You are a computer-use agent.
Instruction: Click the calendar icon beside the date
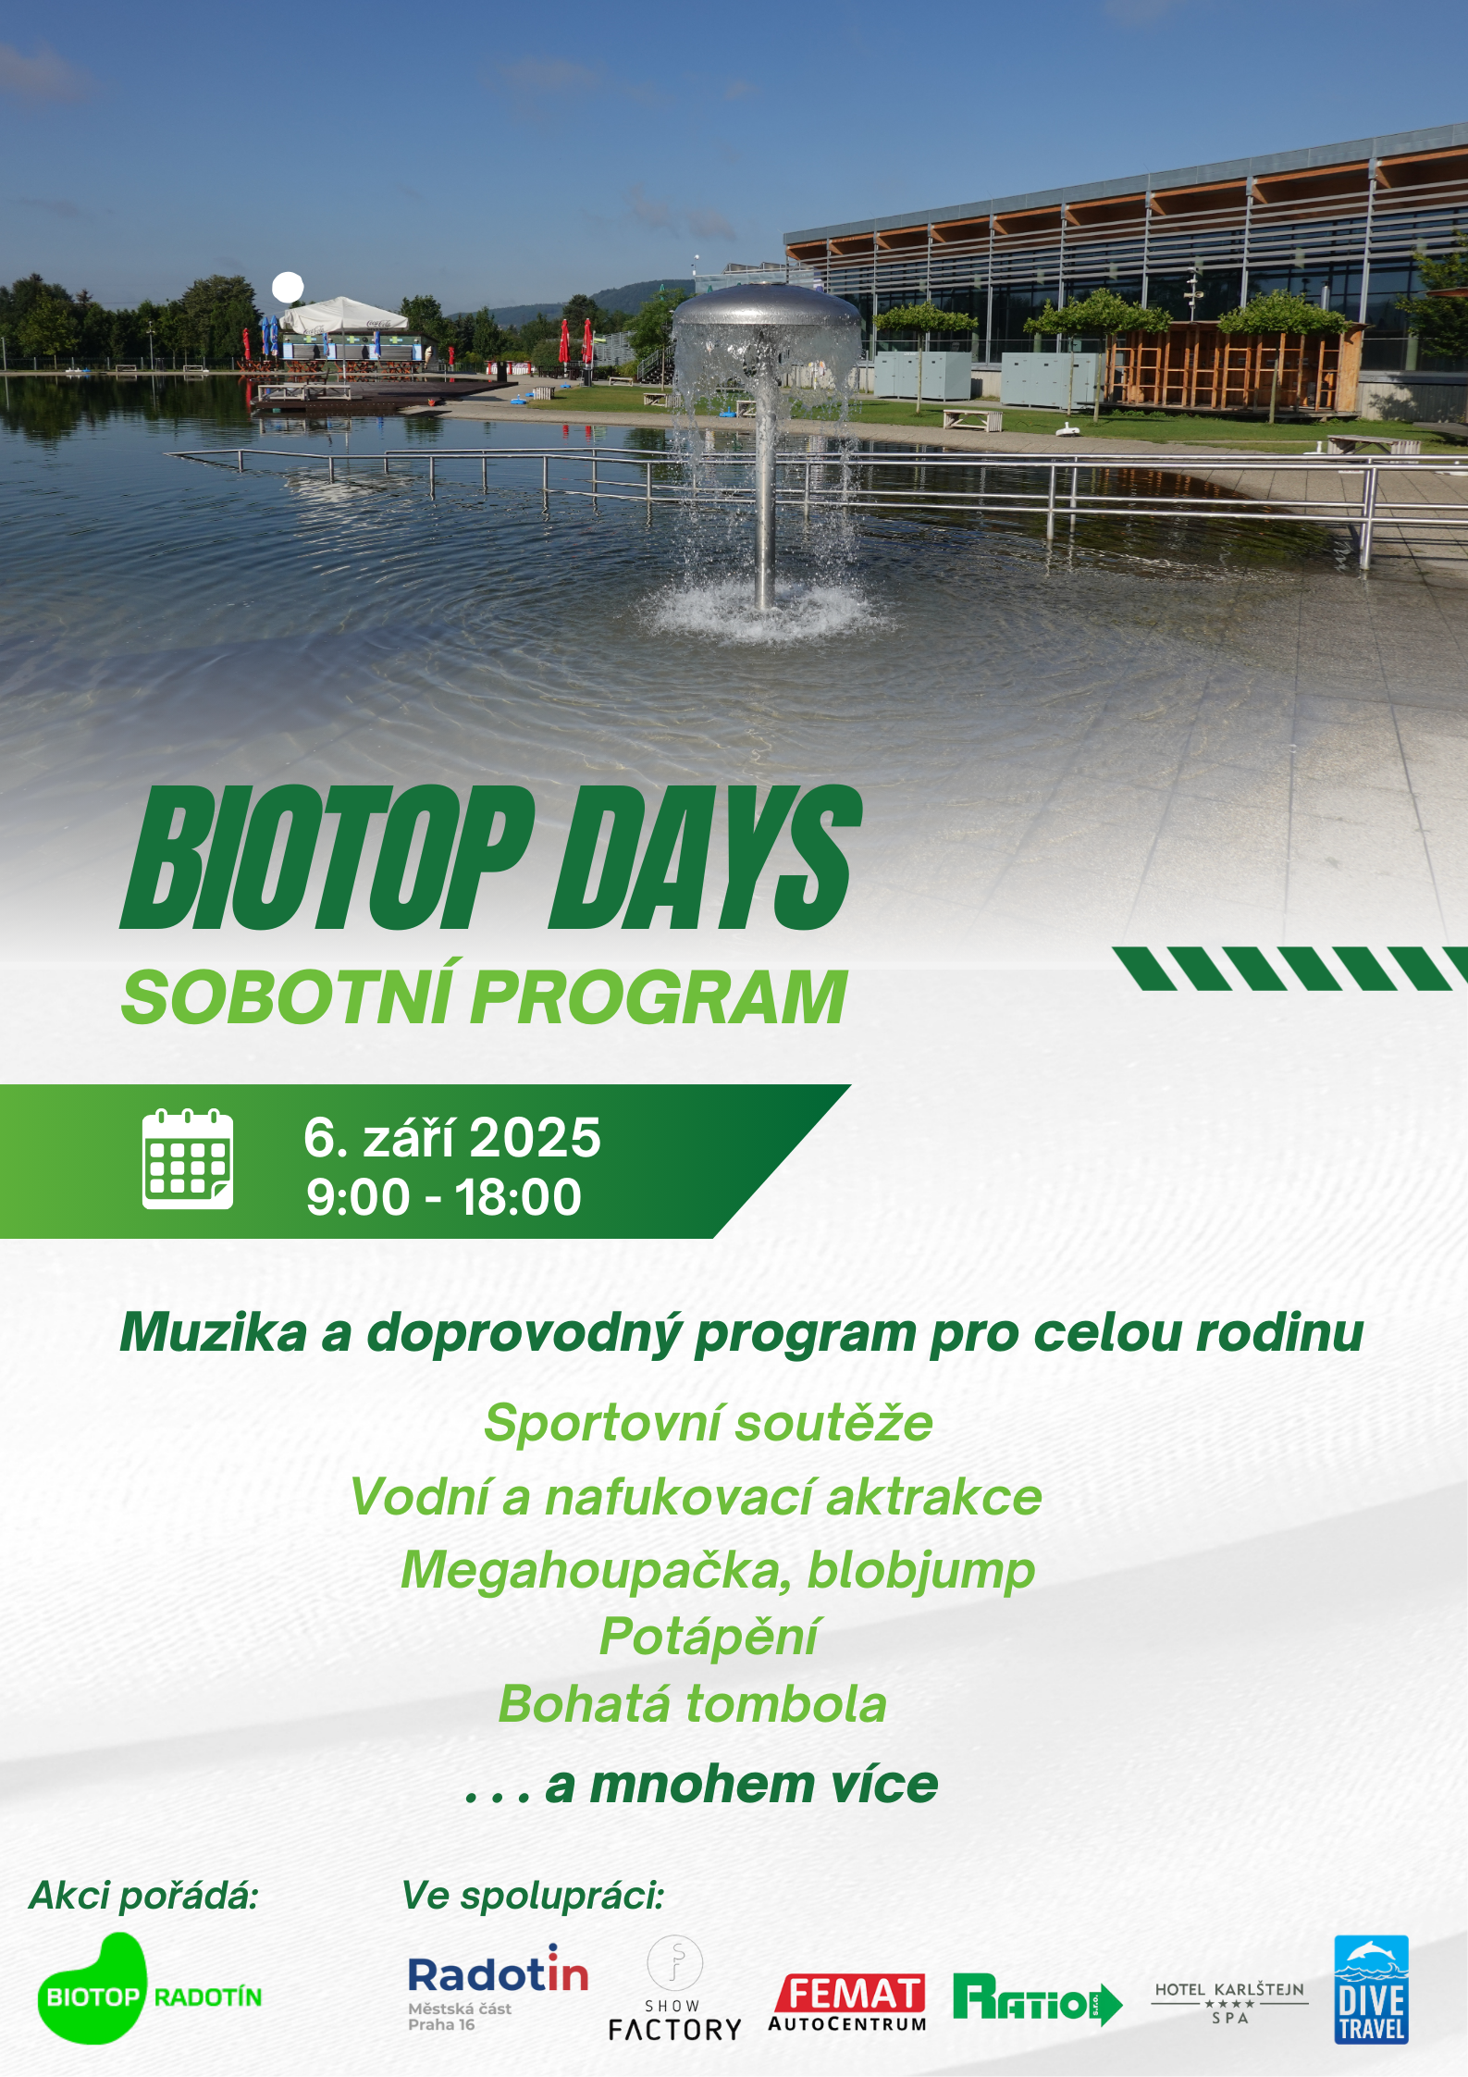pos(188,1159)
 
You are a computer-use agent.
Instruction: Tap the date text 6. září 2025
pos(452,1137)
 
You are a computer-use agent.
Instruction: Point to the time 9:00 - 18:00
pos(444,1196)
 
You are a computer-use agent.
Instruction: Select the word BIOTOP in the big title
pos(328,857)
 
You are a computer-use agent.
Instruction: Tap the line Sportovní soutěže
pos(709,1422)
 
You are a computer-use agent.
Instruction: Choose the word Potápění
pos(709,1637)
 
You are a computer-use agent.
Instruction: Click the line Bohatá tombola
pos(693,1703)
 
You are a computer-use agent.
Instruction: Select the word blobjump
pos(921,1570)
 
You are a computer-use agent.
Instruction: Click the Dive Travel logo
pos(1371,1989)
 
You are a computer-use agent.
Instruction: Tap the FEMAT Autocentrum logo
pos(847,2002)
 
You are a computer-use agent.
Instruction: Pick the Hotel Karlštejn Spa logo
pos(1229,2003)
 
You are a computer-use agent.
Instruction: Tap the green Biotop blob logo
pos(93,1989)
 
